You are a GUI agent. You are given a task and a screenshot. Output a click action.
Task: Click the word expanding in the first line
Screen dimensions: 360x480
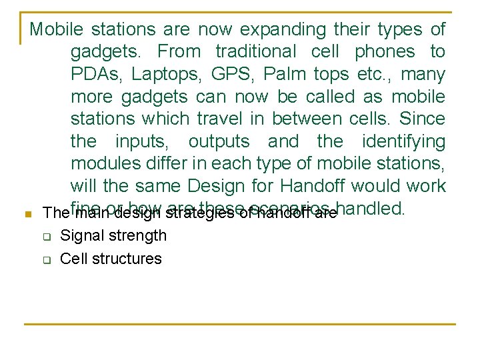283,30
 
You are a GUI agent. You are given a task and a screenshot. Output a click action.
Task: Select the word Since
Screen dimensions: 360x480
421,119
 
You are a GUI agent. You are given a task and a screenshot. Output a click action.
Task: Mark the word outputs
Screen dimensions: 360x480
219,142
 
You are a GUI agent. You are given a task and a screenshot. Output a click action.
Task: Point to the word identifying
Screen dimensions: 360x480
403,142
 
